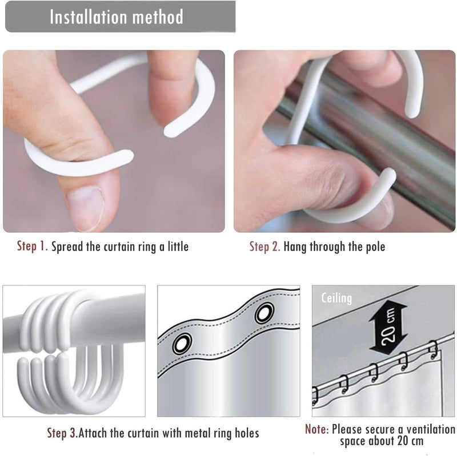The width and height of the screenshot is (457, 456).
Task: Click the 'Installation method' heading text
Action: pyautogui.click(x=117, y=17)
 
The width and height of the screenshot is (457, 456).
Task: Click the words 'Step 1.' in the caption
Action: pyautogui.click(x=33, y=246)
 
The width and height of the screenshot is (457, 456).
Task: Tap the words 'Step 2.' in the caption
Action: pyautogui.click(x=264, y=247)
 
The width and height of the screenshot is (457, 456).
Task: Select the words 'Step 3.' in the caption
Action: pyautogui.click(x=62, y=433)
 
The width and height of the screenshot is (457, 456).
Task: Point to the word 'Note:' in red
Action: pyautogui.click(x=317, y=429)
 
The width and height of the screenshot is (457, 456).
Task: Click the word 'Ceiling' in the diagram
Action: pyautogui.click(x=336, y=298)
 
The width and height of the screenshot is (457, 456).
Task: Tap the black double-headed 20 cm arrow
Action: pyautogui.click(x=388, y=327)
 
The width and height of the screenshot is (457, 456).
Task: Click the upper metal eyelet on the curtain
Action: pyautogui.click(x=264, y=313)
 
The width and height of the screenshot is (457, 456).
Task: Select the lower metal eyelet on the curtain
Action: pyautogui.click(x=182, y=344)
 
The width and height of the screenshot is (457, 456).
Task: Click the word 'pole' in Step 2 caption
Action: pyautogui.click(x=375, y=247)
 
